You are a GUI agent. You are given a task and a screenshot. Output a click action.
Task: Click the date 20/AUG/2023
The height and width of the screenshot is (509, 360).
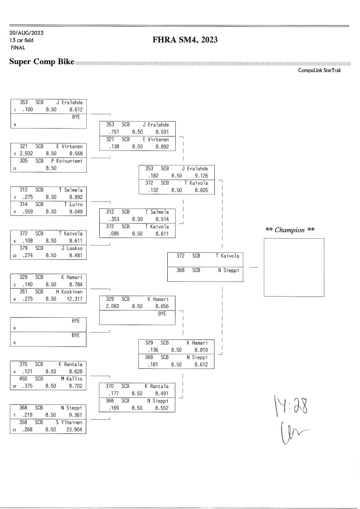tap(26, 33)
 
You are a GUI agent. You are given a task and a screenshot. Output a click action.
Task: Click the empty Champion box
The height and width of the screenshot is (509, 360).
tap(294, 267)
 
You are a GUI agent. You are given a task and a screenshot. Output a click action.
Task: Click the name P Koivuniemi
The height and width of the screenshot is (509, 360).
tap(69, 161)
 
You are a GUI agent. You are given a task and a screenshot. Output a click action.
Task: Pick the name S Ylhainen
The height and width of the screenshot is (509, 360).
tap(69, 422)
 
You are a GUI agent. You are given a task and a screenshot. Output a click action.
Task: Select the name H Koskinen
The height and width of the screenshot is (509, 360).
tap(69, 291)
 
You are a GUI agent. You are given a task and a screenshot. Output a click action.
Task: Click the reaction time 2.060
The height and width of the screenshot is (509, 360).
tap(112, 306)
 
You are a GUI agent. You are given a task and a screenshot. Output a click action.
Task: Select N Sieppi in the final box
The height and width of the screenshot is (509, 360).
tap(228, 270)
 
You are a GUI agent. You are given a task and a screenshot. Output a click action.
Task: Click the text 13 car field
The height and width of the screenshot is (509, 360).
tap(21, 40)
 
